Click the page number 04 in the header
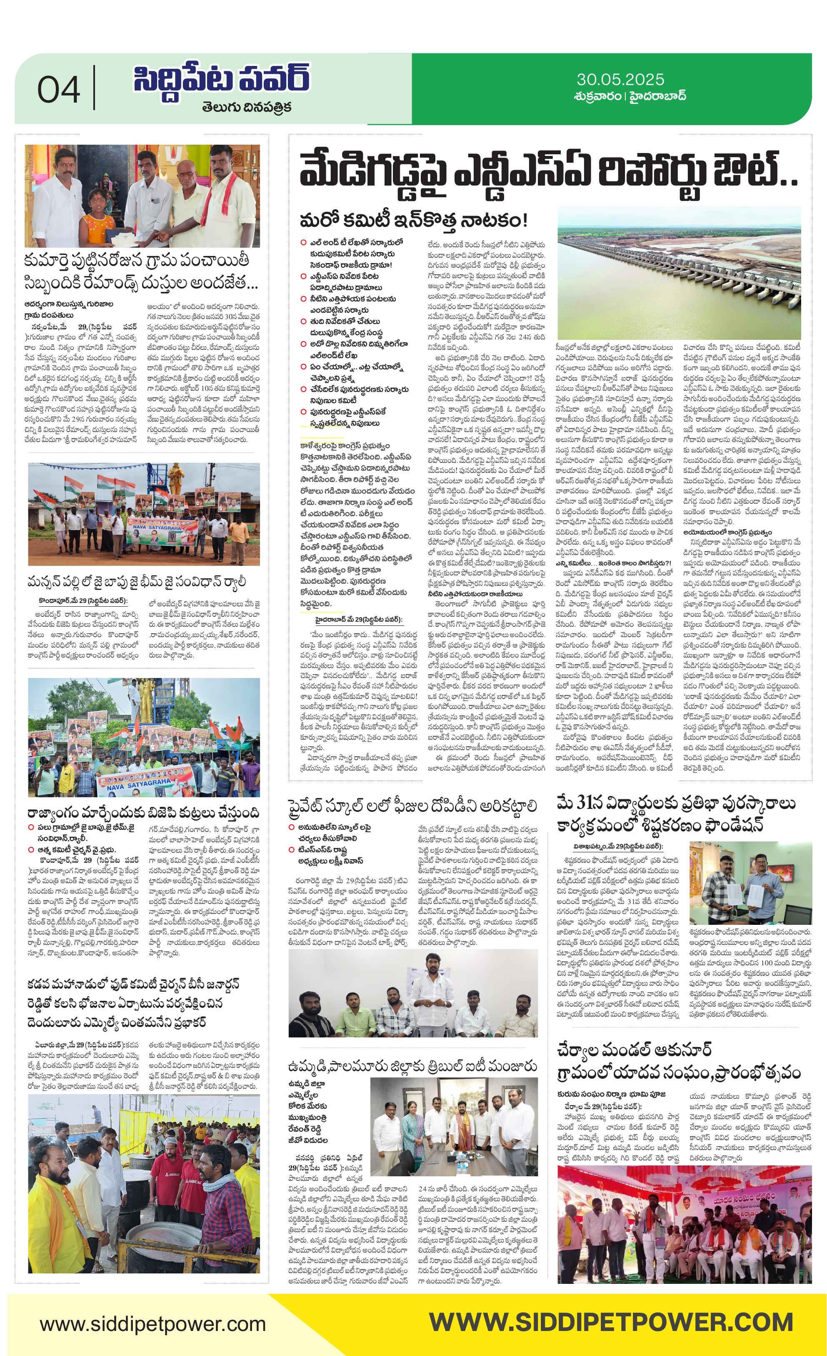(x=58, y=90)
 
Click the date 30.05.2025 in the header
(x=620, y=79)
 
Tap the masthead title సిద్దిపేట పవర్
(x=222, y=81)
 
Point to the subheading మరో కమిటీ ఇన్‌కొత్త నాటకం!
(x=413, y=220)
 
